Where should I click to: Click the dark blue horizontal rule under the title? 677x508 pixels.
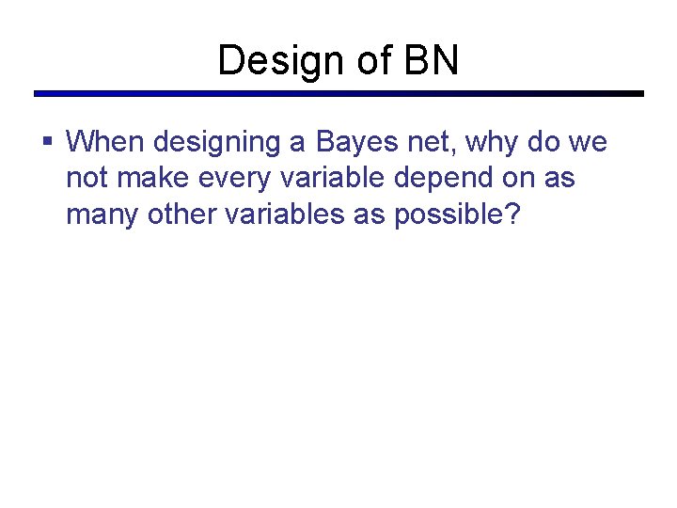tap(338, 94)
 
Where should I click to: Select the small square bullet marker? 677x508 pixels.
tap(48, 142)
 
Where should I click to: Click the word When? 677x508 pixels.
tap(105, 142)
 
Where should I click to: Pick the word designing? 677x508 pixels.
tap(215, 143)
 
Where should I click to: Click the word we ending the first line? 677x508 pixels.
tap(588, 143)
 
